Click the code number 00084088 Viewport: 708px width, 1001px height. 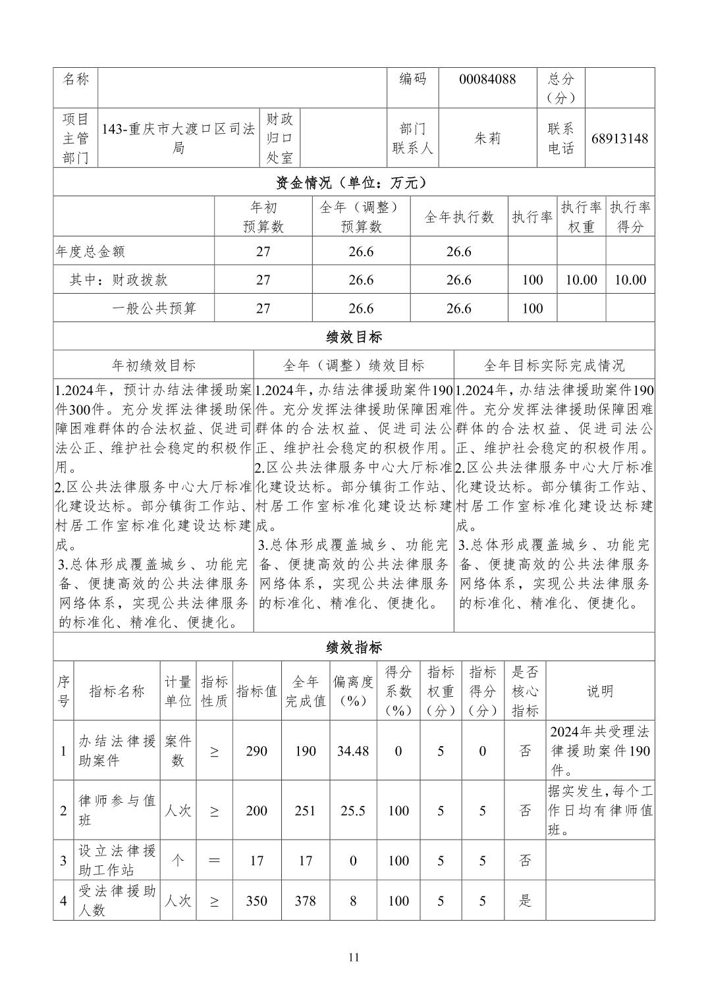click(x=487, y=80)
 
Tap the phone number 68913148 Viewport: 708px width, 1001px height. click(x=619, y=138)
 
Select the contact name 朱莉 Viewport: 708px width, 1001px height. click(x=487, y=138)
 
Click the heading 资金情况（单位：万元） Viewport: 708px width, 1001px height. click(x=354, y=182)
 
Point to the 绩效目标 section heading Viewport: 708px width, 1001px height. click(x=354, y=337)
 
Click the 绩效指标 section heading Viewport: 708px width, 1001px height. click(x=354, y=647)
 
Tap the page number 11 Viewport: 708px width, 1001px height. click(x=354, y=958)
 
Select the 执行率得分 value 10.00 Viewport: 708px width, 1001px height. click(x=630, y=280)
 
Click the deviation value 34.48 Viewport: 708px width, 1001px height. click(x=353, y=751)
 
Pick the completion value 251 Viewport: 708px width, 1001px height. click(x=305, y=811)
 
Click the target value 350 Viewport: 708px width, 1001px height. click(x=256, y=901)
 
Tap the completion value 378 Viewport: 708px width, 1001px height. click(x=305, y=901)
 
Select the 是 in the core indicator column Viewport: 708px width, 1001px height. click(x=525, y=901)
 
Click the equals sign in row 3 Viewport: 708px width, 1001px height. click(x=214, y=861)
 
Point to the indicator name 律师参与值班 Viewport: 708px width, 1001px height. click(x=117, y=811)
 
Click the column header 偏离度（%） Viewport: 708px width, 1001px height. click(x=353, y=691)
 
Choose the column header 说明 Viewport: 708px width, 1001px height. click(x=600, y=691)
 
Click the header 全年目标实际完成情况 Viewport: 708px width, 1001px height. click(x=554, y=365)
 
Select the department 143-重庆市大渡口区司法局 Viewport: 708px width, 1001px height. click(x=178, y=138)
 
